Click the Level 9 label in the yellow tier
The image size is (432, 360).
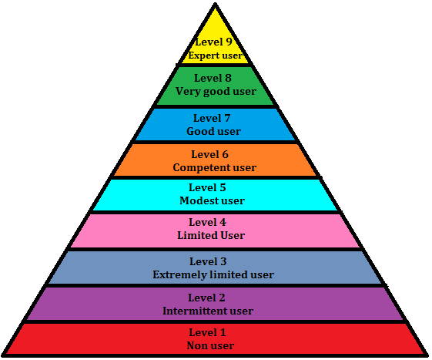[x=214, y=42]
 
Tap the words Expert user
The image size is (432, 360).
[x=215, y=56]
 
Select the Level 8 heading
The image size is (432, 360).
[x=213, y=78]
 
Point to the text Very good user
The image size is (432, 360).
[x=216, y=92]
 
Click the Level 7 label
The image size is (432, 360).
[x=212, y=119]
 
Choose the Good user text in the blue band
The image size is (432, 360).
[x=214, y=131]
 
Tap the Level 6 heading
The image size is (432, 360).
[x=210, y=154]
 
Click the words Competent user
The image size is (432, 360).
[x=215, y=168]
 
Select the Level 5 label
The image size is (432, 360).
[x=207, y=187]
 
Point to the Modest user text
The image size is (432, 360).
[x=212, y=200]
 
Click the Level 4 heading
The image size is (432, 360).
[x=207, y=222]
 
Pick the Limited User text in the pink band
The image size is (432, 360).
[x=211, y=235]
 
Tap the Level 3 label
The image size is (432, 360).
[x=208, y=261]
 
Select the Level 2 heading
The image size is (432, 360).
[x=206, y=298]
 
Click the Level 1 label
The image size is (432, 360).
[x=207, y=332]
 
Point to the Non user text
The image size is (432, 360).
[x=210, y=345]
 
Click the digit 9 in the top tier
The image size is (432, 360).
[x=229, y=42]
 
